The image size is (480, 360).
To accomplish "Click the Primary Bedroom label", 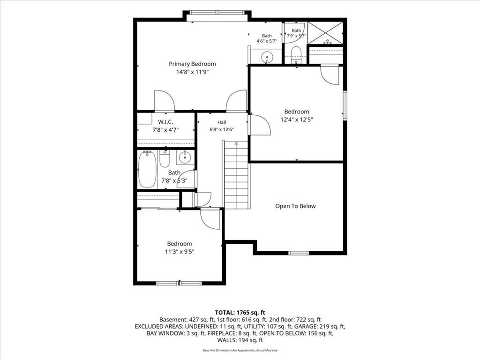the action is (192, 64).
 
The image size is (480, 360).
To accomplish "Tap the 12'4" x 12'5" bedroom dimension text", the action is (297, 120).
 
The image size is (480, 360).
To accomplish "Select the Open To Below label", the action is (295, 206).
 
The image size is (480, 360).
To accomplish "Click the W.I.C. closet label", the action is (165, 122).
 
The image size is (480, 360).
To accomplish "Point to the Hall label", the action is (222, 122).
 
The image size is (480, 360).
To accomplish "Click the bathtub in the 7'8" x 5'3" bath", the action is (147, 169).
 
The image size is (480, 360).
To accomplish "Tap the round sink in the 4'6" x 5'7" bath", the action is (267, 57).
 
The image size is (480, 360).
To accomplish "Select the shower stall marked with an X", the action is (325, 33).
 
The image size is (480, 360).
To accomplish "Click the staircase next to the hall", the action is (236, 175).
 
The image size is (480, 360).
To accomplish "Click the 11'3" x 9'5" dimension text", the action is (180, 252).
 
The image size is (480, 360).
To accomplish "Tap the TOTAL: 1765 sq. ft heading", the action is (240, 313).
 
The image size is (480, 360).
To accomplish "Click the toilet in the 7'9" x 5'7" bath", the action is (296, 54).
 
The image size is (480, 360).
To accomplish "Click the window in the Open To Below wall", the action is (299, 253).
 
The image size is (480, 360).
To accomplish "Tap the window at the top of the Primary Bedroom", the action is (217, 13).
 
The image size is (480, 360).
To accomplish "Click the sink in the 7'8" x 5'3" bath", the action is (185, 157).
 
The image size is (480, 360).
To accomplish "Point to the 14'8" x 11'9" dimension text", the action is (192, 72).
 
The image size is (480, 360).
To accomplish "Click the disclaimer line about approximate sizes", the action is (240, 350).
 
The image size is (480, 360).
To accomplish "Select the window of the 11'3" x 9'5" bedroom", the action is (179, 283).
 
